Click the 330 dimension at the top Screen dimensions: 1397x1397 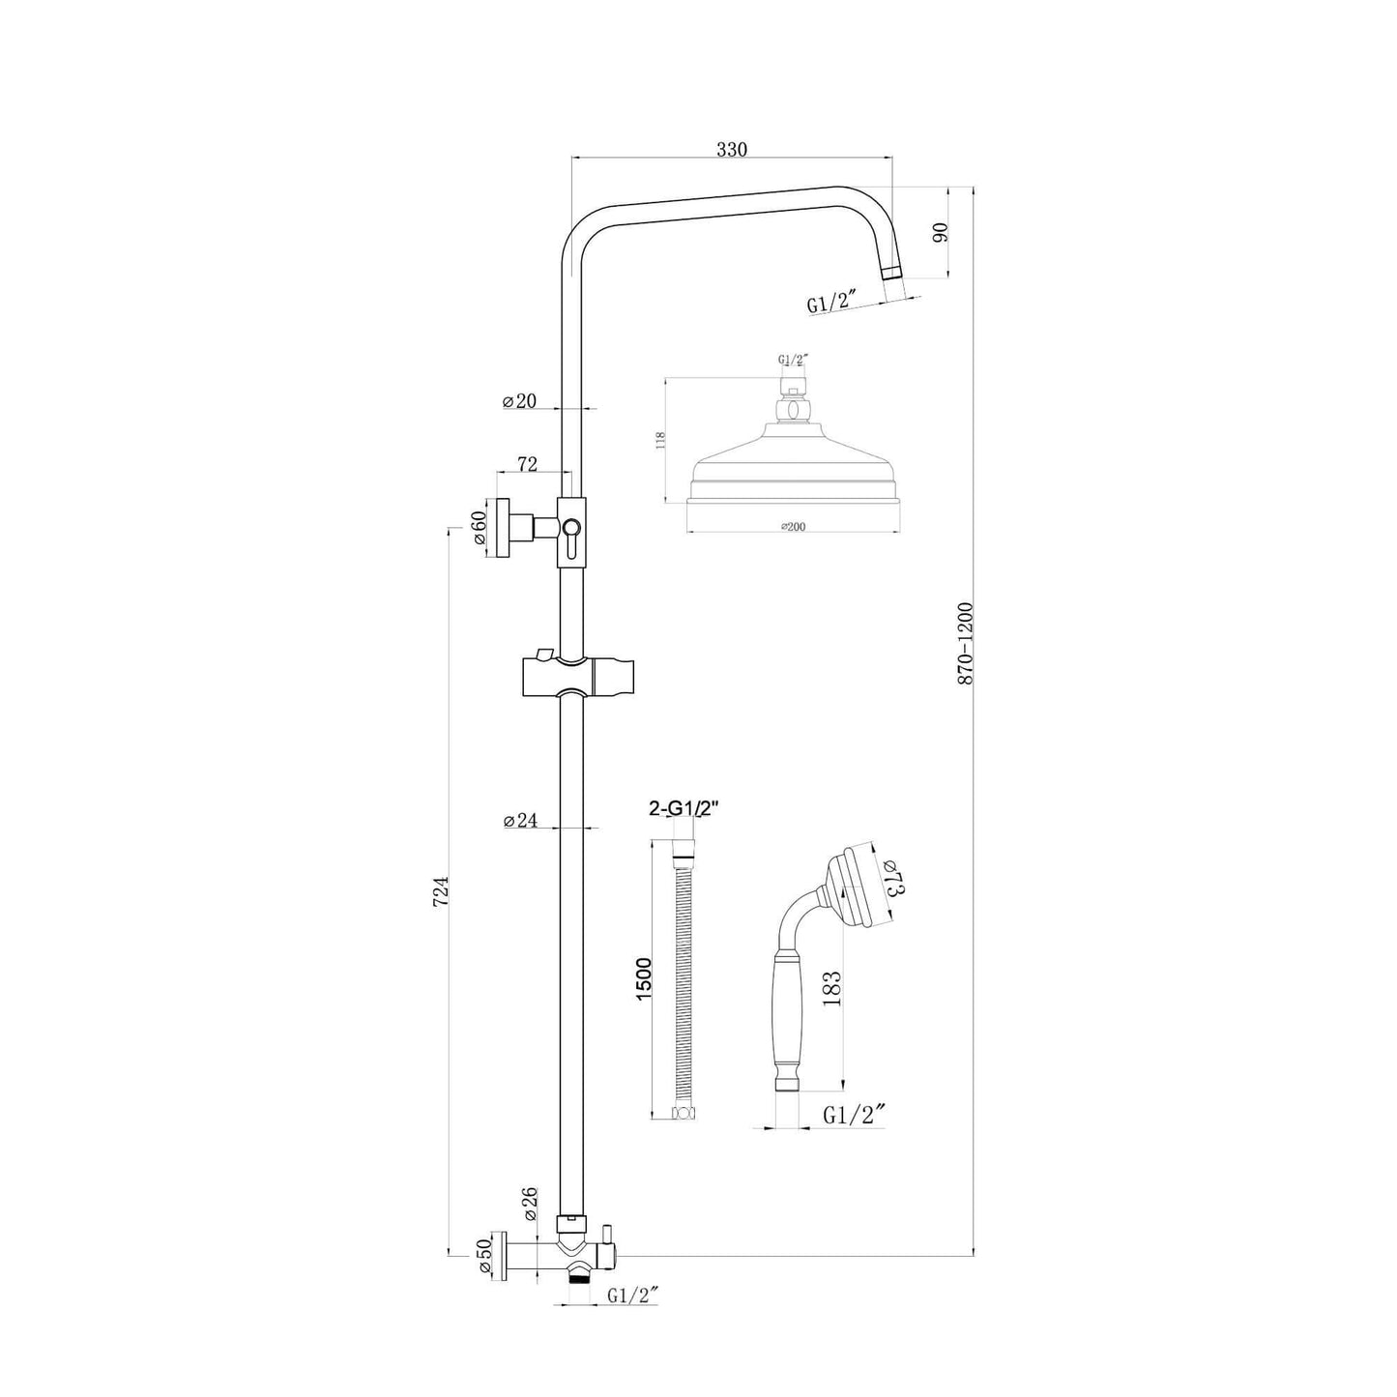tap(732, 149)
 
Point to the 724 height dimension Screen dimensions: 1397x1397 tap(441, 888)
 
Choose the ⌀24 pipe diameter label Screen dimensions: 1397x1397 tap(520, 821)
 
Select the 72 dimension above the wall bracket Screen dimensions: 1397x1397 tap(528, 465)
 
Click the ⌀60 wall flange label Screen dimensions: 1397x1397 tap(480, 528)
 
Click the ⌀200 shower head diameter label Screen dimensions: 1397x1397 tap(794, 526)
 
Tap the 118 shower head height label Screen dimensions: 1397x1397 tap(660, 441)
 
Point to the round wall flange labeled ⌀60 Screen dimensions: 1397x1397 tap(502, 528)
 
